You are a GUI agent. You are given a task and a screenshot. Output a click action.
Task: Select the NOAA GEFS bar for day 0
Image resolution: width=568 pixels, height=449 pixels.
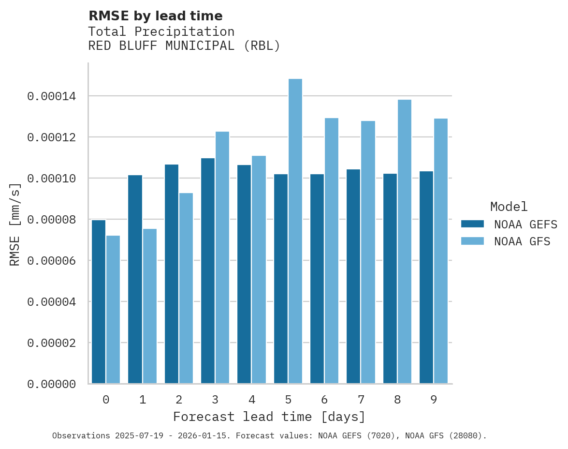pos(99,302)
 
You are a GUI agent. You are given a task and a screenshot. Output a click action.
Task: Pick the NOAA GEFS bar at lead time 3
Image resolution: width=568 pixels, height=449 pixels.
pos(208,271)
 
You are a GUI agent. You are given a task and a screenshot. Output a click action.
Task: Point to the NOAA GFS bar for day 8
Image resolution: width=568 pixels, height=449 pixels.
pos(405,242)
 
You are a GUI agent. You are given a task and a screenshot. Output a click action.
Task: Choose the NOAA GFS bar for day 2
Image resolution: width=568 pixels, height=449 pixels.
pos(186,288)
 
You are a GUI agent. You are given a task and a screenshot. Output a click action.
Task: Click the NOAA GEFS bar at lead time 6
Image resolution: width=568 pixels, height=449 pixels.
pos(317,279)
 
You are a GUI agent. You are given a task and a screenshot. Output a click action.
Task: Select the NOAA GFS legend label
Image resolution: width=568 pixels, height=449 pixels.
pos(522,241)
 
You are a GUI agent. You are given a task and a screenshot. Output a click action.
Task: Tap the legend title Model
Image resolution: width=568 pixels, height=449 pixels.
pos(509,207)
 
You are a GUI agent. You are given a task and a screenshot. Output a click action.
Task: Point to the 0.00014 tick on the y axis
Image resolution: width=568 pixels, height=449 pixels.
pos(51,97)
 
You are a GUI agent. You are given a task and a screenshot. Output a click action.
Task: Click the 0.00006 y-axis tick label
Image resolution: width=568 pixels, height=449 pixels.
pos(51,261)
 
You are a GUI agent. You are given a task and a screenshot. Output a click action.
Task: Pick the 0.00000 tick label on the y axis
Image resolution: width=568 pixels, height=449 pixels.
pos(51,384)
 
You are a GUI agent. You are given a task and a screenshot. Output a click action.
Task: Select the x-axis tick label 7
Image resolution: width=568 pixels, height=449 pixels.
pos(361,400)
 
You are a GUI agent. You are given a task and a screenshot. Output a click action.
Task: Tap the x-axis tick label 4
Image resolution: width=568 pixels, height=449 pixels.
pos(252,400)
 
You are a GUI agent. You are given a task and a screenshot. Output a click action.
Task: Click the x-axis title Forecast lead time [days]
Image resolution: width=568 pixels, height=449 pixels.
pos(269,417)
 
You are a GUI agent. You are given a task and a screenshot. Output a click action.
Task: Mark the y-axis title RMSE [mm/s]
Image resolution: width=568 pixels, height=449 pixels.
pos(15,224)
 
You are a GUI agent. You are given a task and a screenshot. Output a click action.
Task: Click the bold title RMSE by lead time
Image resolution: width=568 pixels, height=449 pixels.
pos(156,16)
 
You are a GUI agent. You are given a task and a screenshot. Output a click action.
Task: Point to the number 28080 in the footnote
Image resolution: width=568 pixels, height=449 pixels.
pos(465,436)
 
